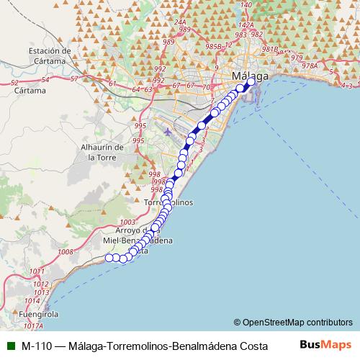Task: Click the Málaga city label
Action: (x=250, y=76)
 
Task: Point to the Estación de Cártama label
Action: (x=50, y=56)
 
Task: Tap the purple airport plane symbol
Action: (x=168, y=132)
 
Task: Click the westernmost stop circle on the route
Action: (x=109, y=258)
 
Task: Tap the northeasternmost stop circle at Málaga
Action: (x=251, y=81)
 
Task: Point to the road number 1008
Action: (x=66, y=252)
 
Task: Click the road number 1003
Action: (x=128, y=222)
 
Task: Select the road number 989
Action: (x=168, y=42)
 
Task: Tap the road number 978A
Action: (x=310, y=66)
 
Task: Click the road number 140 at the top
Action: (x=246, y=4)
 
